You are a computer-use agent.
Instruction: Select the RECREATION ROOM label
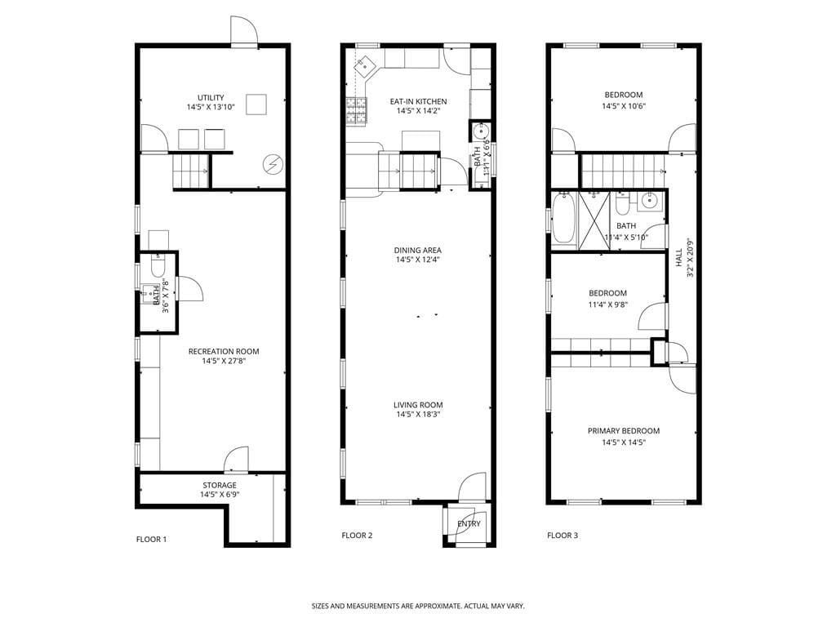click(224, 352)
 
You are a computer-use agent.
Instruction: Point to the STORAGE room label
click(220, 485)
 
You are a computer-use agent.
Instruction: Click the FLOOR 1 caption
click(151, 539)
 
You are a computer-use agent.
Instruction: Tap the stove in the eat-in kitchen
click(357, 111)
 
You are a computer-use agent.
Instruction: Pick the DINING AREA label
click(418, 251)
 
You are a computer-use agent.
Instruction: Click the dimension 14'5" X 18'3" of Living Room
click(418, 415)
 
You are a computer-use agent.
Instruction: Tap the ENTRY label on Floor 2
click(469, 524)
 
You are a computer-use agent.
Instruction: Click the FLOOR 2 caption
click(357, 536)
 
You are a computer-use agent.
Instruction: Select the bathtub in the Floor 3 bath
click(563, 219)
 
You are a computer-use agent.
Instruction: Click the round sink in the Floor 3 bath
click(650, 201)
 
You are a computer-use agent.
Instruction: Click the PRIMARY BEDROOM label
click(624, 431)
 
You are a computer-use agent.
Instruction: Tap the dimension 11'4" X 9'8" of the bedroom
click(608, 305)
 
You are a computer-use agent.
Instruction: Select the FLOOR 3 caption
click(563, 536)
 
